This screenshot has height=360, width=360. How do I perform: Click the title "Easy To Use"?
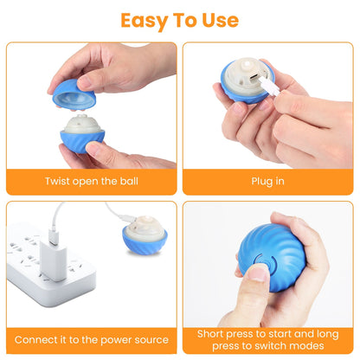point(180,20)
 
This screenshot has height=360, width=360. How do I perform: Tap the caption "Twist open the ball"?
point(91,182)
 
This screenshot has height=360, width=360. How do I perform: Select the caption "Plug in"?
point(267,182)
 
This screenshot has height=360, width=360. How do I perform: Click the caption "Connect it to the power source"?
point(91,339)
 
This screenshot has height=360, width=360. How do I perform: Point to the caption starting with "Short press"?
point(267,339)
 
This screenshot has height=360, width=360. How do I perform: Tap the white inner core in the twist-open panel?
point(86,128)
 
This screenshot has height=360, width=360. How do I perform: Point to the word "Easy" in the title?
point(141,20)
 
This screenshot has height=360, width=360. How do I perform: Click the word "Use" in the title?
point(219,20)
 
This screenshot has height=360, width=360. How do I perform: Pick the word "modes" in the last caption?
point(299,345)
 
